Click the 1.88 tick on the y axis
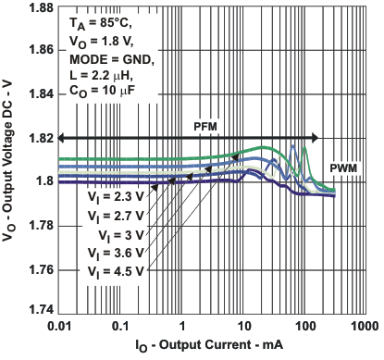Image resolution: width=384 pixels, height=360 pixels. pyautogui.click(x=39, y=8)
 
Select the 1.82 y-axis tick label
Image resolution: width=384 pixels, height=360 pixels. pyautogui.click(x=39, y=138)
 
